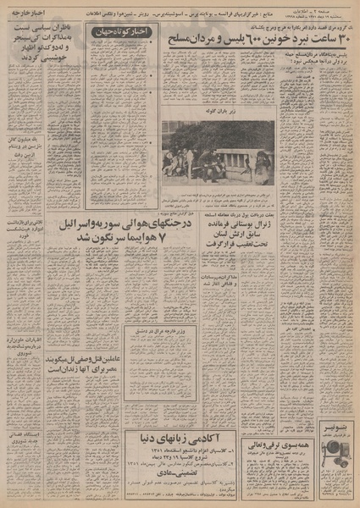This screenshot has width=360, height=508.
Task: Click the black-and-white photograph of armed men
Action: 219,152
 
